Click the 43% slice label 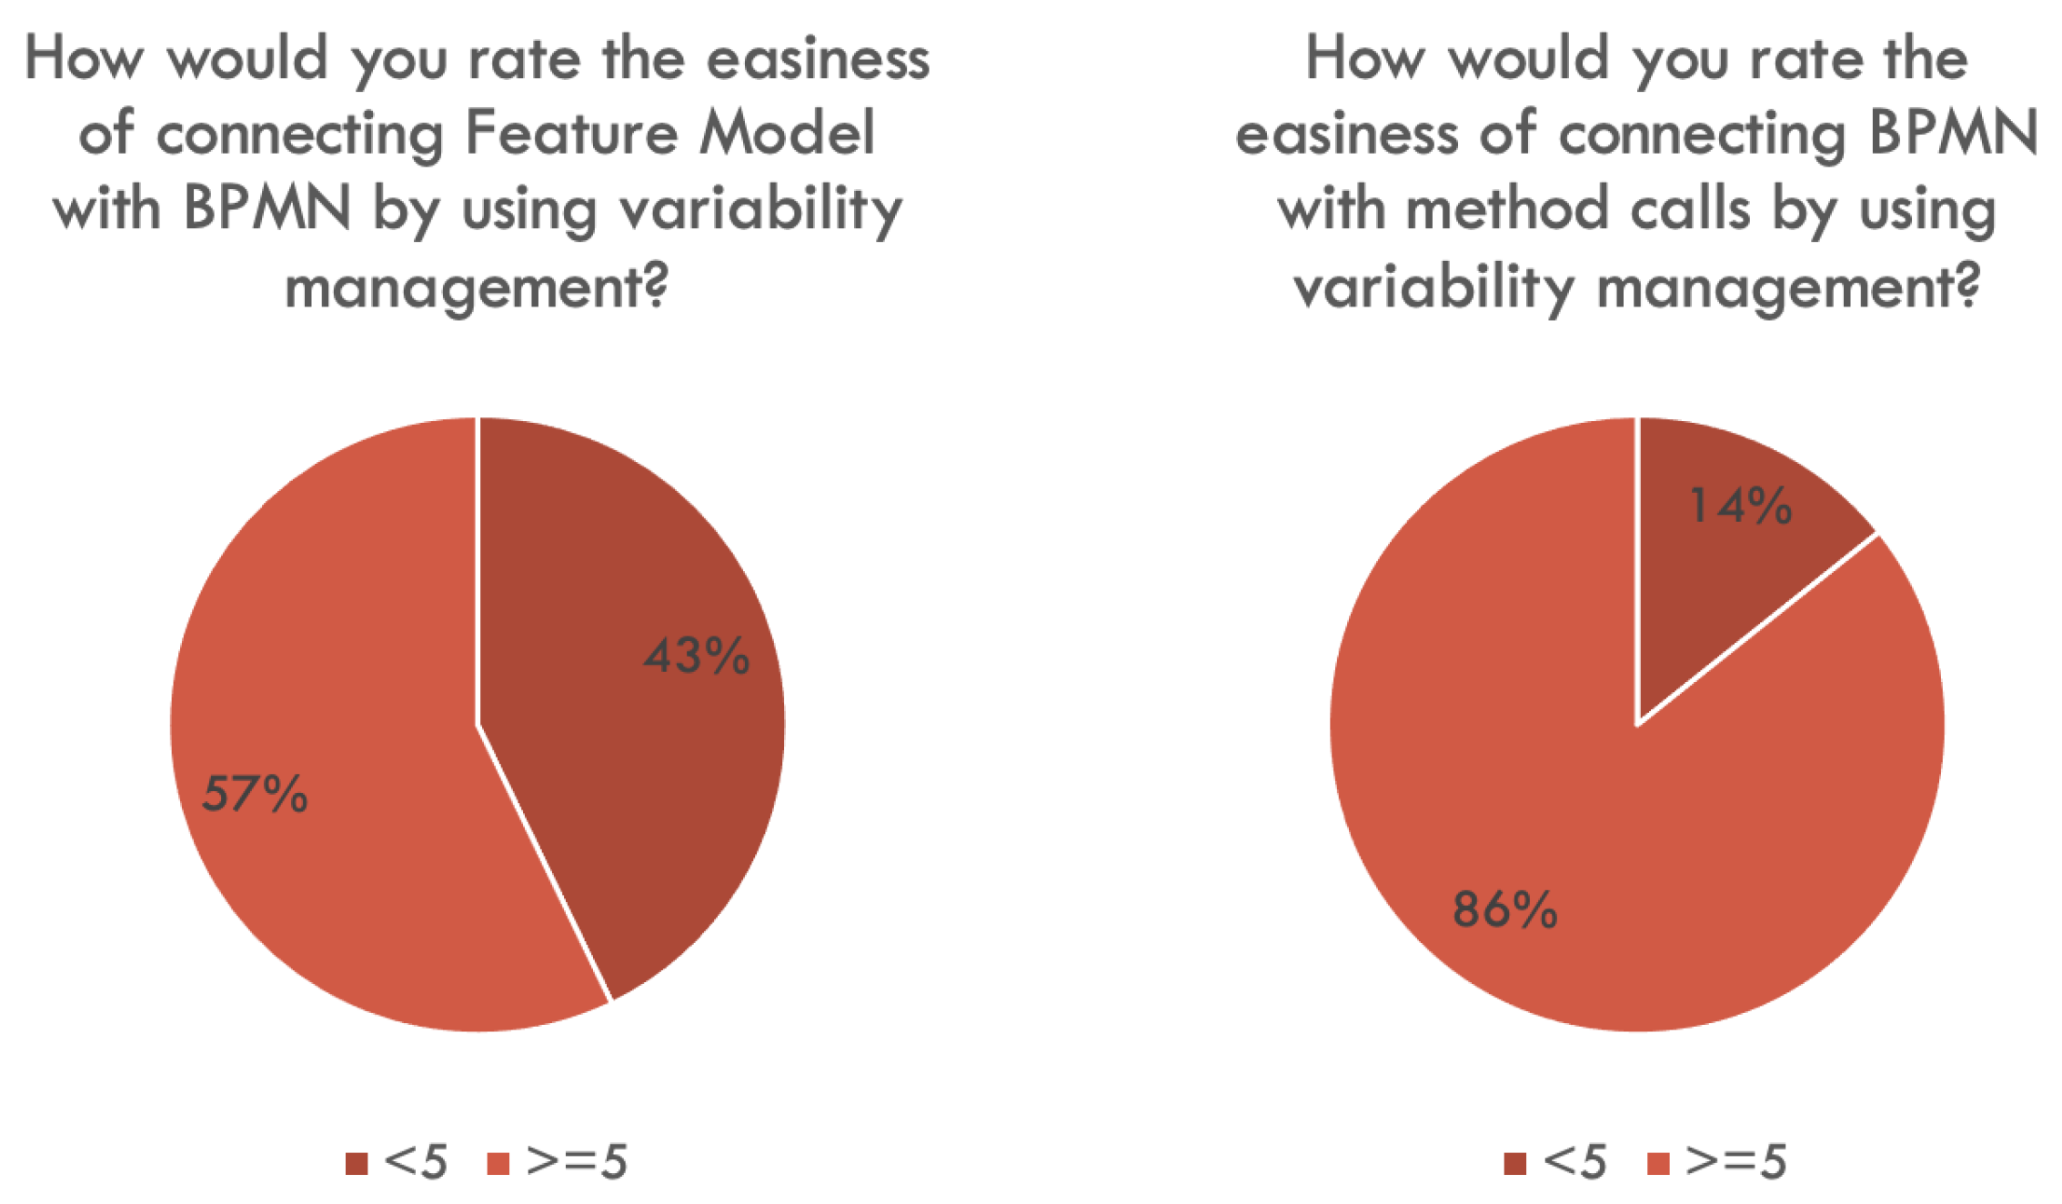697,656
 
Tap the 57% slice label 255,793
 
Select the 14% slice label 1740,506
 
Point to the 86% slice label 1505,909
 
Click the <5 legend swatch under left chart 357,1163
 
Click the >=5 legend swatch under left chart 498,1163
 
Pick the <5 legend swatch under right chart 1515,1163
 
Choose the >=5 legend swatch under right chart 1659,1163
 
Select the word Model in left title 787,133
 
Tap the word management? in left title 477,287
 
